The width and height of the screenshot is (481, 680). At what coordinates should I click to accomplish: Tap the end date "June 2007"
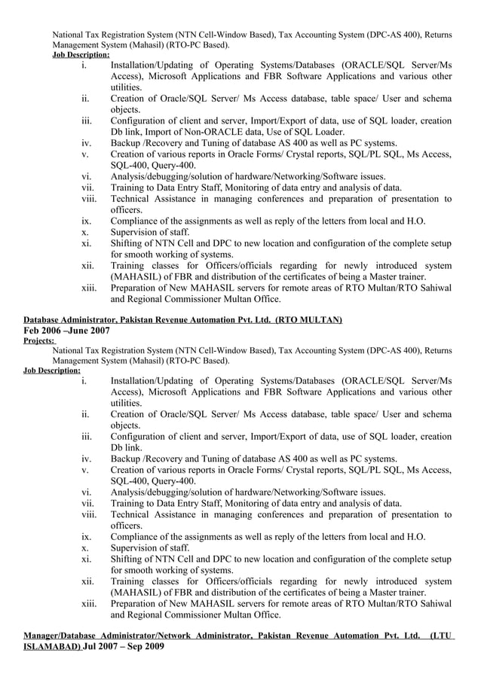pos(89,331)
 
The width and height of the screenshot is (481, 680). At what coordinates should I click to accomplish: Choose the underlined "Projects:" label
pos(39,340)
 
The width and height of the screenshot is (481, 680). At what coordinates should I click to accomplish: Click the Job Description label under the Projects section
pos(52,370)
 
